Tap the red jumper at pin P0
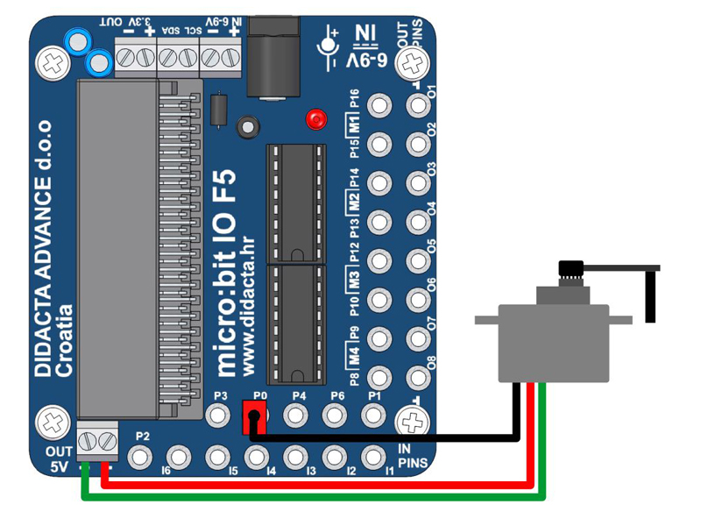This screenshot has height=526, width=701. coord(254,417)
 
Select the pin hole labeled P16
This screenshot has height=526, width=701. coord(379,106)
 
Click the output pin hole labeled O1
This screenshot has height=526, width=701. coord(418,106)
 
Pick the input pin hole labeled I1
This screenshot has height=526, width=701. coord(372,457)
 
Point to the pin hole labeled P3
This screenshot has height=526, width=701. coord(219,414)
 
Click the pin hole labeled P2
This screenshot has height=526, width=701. coord(140,457)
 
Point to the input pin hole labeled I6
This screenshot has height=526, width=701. coord(178,457)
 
